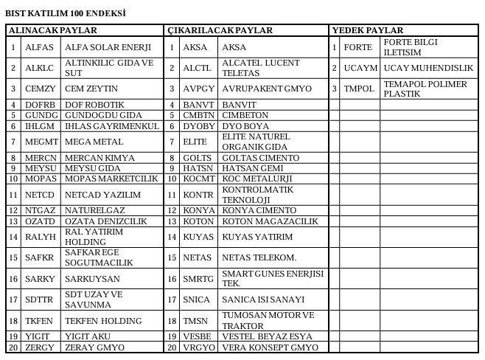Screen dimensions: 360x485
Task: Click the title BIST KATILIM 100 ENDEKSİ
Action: tap(66, 13)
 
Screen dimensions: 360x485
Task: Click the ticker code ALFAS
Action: tap(38, 46)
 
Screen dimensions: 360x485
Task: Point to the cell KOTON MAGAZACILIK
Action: tap(269, 221)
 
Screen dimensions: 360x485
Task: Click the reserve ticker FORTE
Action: tap(358, 46)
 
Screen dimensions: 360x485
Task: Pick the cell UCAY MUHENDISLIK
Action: tap(428, 67)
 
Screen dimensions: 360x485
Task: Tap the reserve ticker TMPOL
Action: tap(359, 89)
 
